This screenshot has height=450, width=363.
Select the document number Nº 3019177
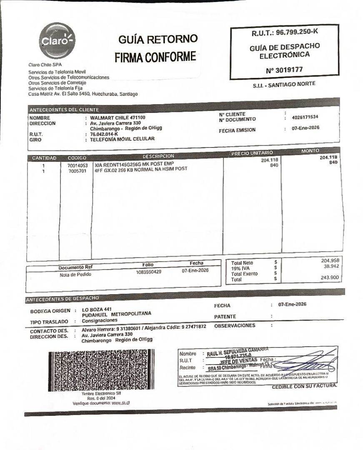point(284,70)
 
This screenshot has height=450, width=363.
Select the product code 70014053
point(78,165)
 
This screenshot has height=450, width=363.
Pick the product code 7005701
point(78,170)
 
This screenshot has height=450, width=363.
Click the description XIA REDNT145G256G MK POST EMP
point(134,164)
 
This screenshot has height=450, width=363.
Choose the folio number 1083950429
point(149,272)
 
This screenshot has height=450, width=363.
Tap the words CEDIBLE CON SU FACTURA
point(304,387)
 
